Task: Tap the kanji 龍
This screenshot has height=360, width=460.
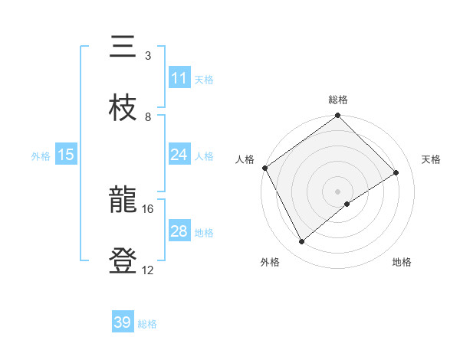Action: tap(123, 199)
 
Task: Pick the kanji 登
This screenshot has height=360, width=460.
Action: tap(123, 260)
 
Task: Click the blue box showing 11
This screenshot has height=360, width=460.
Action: tap(179, 78)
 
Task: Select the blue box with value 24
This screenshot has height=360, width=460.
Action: tap(179, 155)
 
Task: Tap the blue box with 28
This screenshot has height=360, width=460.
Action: tap(179, 231)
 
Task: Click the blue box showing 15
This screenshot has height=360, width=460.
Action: tap(66, 155)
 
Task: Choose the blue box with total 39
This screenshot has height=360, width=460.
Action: tap(123, 322)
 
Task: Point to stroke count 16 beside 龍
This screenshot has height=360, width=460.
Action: tap(148, 208)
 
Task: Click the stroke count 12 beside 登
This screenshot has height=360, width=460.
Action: tap(148, 270)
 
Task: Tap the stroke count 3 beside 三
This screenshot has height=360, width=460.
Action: tap(148, 55)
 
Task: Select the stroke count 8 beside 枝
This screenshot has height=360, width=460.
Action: tap(148, 116)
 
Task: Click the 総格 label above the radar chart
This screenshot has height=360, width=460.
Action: tap(338, 100)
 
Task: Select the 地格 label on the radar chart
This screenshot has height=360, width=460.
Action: tap(402, 263)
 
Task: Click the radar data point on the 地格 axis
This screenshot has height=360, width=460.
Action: tap(347, 204)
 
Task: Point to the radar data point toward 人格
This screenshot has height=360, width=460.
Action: tap(264, 168)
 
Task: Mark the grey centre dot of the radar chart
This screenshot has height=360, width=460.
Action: tap(338, 191)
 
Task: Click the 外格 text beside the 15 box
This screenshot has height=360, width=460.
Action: tap(41, 155)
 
